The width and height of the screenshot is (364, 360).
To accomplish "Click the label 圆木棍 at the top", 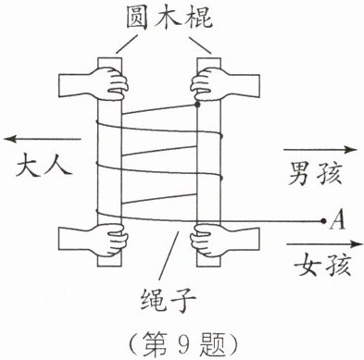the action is (x=169, y=18).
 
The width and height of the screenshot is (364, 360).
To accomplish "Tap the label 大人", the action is (x=44, y=167).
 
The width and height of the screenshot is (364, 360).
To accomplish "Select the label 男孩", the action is (x=315, y=174).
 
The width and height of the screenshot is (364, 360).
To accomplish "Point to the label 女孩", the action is (x=322, y=265).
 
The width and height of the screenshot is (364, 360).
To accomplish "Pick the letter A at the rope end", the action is (x=337, y=219).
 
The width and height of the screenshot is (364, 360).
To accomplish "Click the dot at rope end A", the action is (x=323, y=221).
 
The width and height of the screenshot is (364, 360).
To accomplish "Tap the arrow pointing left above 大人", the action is (x=43, y=139).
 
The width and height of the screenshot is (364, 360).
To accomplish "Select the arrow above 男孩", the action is (x=320, y=150).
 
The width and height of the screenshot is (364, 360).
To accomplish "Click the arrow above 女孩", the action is (x=325, y=244).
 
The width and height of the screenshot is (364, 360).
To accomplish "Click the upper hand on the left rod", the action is (x=94, y=84).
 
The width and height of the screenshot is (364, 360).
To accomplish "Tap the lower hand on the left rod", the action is (x=94, y=240).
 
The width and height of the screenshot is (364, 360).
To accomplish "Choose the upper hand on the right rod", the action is (x=225, y=84).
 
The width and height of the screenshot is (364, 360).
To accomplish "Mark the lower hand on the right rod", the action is (x=225, y=241).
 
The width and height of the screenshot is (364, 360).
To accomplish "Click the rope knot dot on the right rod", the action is (x=197, y=105).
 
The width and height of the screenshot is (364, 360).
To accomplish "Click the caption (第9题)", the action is (x=183, y=344).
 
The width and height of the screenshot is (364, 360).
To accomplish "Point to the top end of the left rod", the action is (x=110, y=58).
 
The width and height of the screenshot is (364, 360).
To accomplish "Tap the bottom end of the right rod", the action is (x=209, y=266).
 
